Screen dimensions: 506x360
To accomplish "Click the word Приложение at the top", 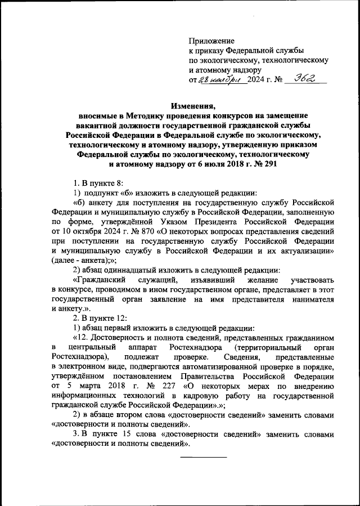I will pyautogui.click(x=211, y=42).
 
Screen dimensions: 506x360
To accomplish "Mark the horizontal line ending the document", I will pyautogui.click(x=202, y=456).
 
